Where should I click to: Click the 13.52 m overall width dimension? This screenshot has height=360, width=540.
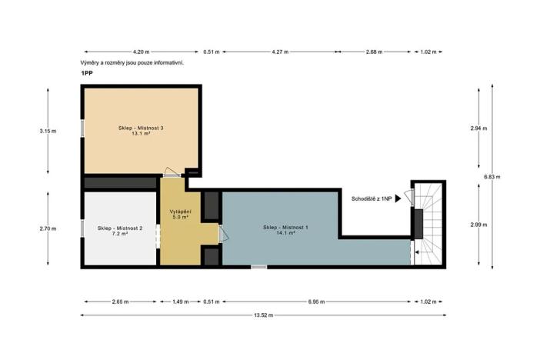(x=263, y=315)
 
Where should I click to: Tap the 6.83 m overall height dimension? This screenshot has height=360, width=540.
(x=492, y=177)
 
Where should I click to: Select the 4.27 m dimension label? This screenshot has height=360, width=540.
(x=280, y=52)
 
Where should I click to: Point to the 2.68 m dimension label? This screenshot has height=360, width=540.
(x=374, y=52)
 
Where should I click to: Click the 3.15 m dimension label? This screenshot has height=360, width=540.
(x=48, y=131)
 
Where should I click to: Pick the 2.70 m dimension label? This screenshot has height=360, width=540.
(x=48, y=228)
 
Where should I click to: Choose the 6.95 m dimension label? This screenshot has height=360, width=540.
(x=316, y=302)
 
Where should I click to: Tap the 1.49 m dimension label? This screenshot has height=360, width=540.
(x=181, y=302)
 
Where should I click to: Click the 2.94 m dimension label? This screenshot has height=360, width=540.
(x=478, y=128)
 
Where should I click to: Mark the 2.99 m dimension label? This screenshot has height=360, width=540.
(x=478, y=225)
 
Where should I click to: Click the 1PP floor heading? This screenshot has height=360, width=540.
(x=87, y=73)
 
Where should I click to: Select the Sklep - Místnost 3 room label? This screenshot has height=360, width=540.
(x=141, y=128)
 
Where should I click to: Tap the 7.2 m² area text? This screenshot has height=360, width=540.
(x=120, y=234)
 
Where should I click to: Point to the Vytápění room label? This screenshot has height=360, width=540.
(x=180, y=212)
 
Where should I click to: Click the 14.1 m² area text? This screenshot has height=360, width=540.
(x=285, y=233)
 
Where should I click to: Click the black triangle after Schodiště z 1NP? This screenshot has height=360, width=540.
(x=398, y=198)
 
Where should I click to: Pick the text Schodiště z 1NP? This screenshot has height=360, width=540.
(x=372, y=198)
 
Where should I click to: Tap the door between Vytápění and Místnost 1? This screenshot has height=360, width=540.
(x=223, y=233)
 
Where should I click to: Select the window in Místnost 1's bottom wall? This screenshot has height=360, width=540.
(x=259, y=267)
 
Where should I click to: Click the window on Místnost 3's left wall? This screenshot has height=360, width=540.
(x=82, y=128)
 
